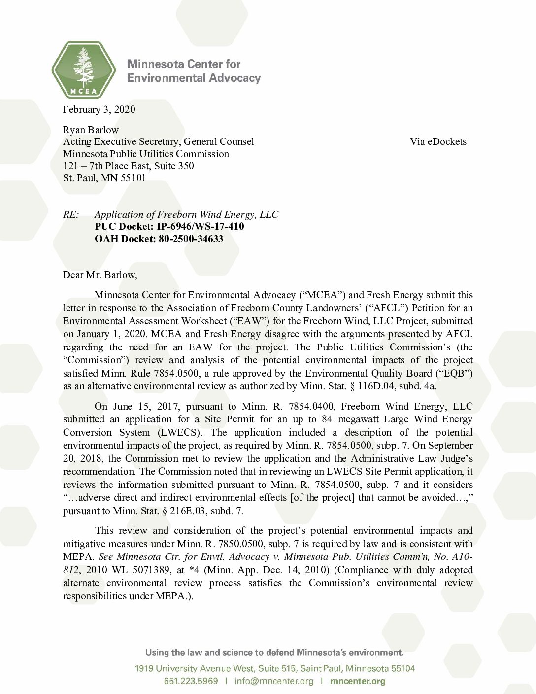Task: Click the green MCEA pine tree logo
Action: (x=83, y=69)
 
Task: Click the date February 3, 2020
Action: (x=99, y=109)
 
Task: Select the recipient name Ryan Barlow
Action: (x=91, y=130)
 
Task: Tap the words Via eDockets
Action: (x=438, y=142)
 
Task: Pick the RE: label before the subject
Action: (x=71, y=215)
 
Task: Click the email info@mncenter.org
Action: (x=274, y=681)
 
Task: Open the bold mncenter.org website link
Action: (x=358, y=681)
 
